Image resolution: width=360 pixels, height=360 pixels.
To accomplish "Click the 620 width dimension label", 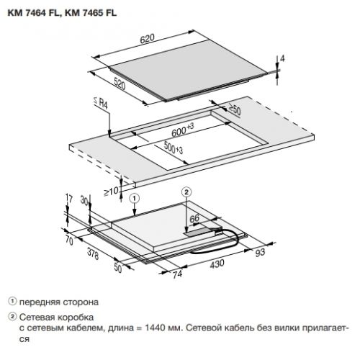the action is [x=147, y=39].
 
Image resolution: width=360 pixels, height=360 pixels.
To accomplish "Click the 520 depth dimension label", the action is [x=120, y=84].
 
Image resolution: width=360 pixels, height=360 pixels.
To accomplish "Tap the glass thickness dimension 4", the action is [x=282, y=58].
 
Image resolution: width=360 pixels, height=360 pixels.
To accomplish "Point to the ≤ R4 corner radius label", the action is [x=101, y=103].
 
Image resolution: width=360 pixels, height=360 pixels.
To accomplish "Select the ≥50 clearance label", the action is [x=234, y=109].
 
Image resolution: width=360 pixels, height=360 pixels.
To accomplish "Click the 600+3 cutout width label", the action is [x=183, y=130].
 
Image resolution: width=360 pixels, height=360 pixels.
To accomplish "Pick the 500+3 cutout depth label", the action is [x=174, y=148].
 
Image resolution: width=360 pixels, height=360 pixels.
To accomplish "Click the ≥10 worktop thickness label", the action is [x=111, y=192].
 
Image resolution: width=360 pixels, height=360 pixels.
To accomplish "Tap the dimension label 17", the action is [x=69, y=199].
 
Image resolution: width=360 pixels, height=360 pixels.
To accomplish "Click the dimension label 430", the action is [x=217, y=264].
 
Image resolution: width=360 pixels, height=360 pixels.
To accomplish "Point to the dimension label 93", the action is [x=260, y=252].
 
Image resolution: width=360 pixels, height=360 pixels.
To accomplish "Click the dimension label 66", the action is [x=194, y=218].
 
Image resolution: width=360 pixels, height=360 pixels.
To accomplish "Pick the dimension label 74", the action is [x=177, y=274].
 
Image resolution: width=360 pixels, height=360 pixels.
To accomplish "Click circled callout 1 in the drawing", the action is [x=135, y=199].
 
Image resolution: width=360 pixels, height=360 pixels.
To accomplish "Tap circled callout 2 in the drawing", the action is [x=186, y=192].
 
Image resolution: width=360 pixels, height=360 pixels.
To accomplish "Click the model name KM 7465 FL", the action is [x=91, y=13].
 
